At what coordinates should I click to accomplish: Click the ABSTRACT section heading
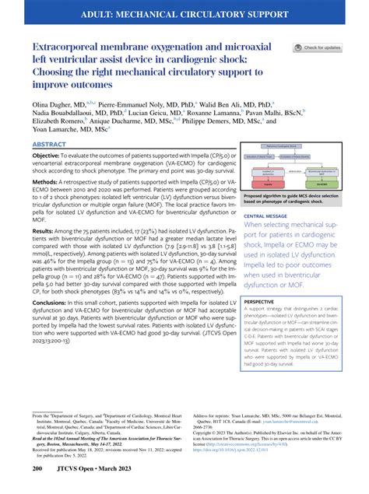(47, 145)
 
